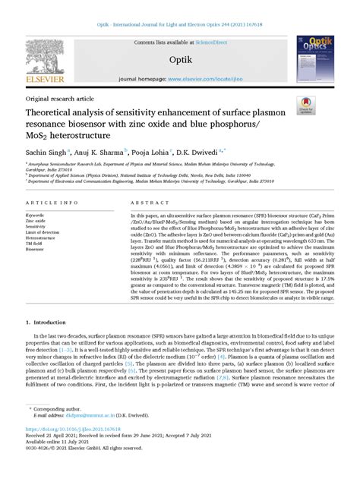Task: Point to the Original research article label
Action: click(x=60, y=99)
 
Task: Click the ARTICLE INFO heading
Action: click(x=51, y=203)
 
